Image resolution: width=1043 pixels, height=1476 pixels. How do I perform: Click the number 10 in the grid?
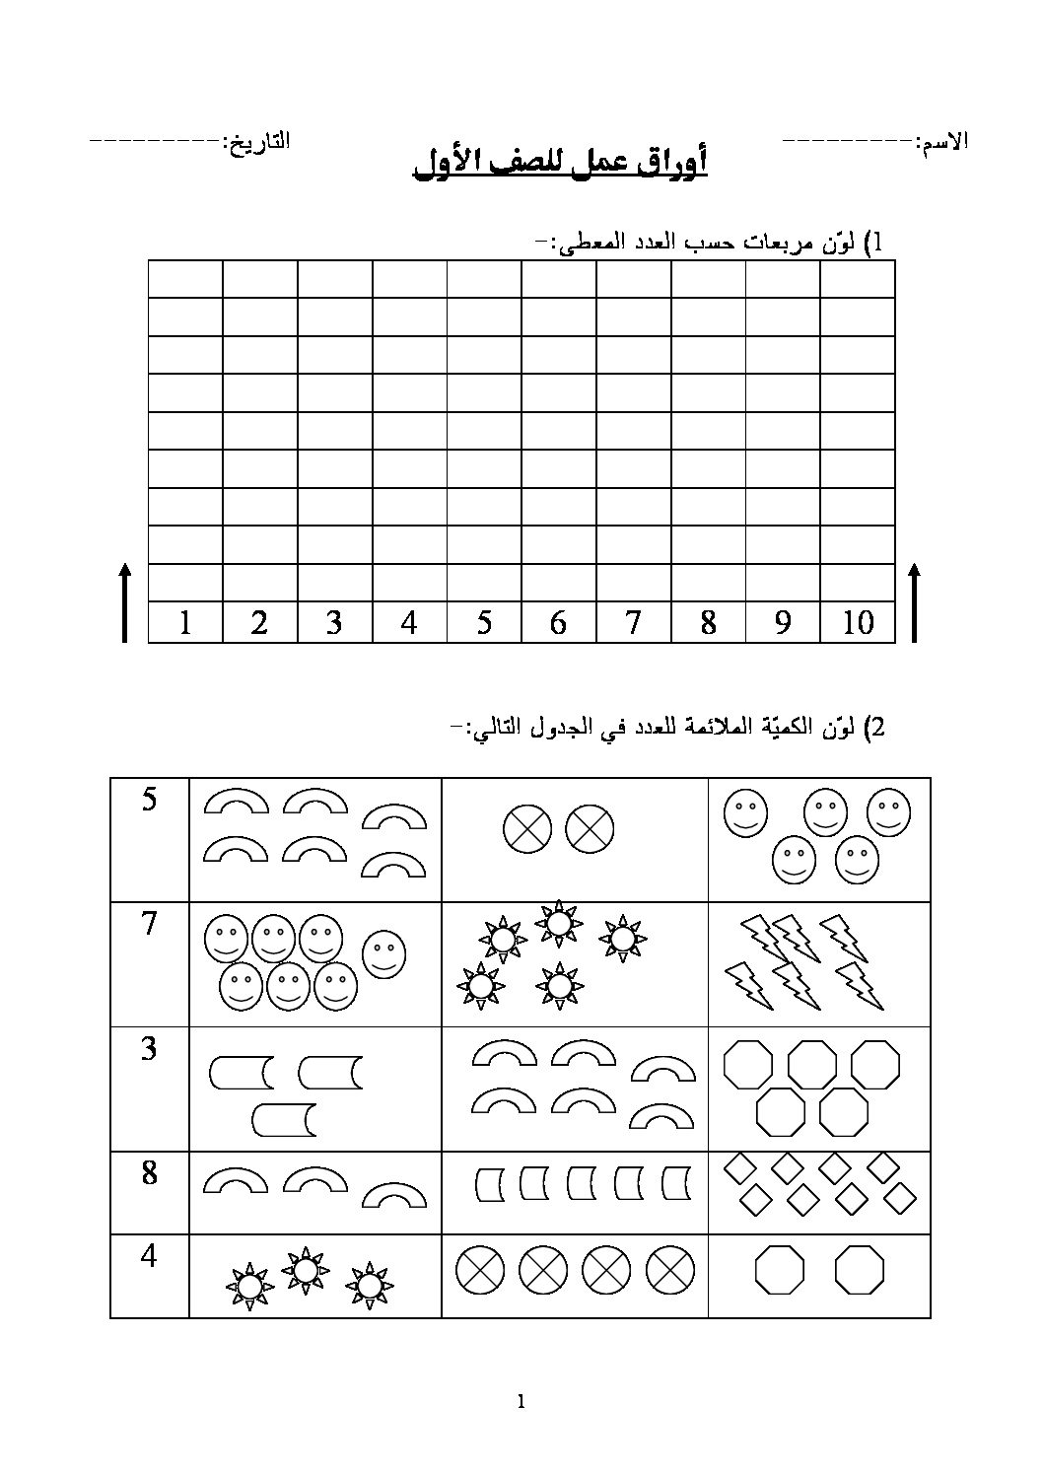pyautogui.click(x=858, y=622)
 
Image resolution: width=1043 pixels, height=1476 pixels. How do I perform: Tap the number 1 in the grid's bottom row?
pyautogui.click(x=185, y=622)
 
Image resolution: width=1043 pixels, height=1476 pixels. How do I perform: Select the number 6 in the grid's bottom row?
pyautogui.click(x=558, y=622)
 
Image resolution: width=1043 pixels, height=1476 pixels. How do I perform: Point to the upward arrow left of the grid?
pyautogui.click(x=124, y=602)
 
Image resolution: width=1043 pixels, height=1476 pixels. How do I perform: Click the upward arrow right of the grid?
pyautogui.click(x=914, y=602)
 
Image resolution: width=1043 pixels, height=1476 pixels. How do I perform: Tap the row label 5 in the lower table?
pyautogui.click(x=149, y=799)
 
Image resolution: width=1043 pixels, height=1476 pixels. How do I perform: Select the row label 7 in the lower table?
pyautogui.click(x=149, y=924)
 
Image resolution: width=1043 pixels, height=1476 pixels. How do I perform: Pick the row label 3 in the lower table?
pyautogui.click(x=149, y=1048)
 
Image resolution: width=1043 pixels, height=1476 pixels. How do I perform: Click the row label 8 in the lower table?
pyautogui.click(x=149, y=1173)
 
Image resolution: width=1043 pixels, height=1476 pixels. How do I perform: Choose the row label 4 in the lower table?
pyautogui.click(x=149, y=1256)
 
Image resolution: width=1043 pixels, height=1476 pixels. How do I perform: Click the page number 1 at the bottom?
pyautogui.click(x=521, y=1402)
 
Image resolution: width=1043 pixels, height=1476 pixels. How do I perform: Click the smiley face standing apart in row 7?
pyautogui.click(x=384, y=952)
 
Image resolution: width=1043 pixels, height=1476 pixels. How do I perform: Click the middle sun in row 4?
pyautogui.click(x=306, y=1271)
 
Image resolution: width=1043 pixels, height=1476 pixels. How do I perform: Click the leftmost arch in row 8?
pyautogui.click(x=236, y=1181)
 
